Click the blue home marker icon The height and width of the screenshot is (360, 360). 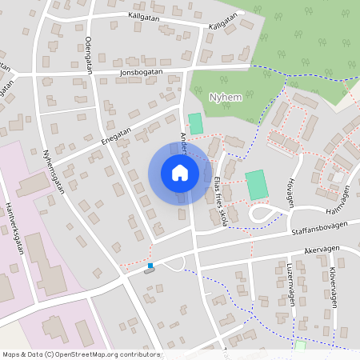(x=179, y=173)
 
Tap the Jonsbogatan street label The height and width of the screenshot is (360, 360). (x=141, y=71)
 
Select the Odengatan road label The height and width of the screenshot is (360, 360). (x=89, y=54)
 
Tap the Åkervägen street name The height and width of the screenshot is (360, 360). (x=322, y=250)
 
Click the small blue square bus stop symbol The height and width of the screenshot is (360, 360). (x=150, y=265)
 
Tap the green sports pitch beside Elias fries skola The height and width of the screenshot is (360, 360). (x=256, y=185)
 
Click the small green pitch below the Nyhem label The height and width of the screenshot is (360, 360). (x=195, y=124)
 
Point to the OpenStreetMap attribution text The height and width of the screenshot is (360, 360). (x=80, y=354)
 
